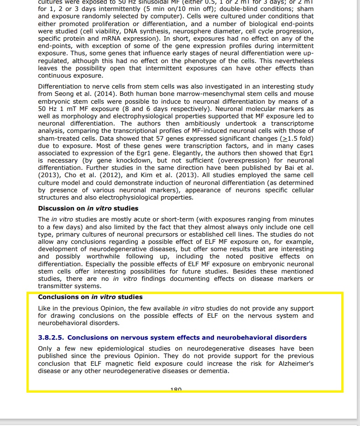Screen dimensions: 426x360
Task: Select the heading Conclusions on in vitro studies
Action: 90,297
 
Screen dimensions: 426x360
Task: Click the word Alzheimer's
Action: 296,363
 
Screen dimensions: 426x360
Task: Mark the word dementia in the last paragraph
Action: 213,371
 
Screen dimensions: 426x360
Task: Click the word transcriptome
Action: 292,123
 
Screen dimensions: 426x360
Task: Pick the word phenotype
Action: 200,61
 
